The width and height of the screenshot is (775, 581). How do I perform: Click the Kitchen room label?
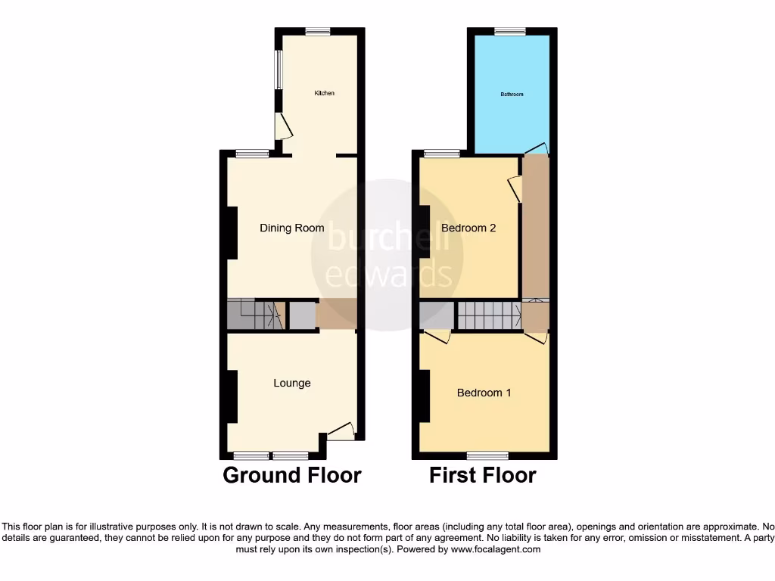pyautogui.click(x=325, y=93)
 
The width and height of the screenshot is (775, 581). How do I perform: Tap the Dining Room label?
pyautogui.click(x=292, y=228)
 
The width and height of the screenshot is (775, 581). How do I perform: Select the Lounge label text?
pyautogui.click(x=292, y=383)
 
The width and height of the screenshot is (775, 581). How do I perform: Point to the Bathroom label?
pyautogui.click(x=512, y=95)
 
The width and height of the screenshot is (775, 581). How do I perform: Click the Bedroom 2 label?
pyautogui.click(x=468, y=228)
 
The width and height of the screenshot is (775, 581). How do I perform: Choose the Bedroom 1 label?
pyautogui.click(x=484, y=393)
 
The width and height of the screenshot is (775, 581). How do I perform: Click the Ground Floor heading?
pyautogui.click(x=291, y=475)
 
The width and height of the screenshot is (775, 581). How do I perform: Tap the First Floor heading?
pyautogui.click(x=483, y=475)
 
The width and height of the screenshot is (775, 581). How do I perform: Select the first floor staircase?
pyautogui.click(x=489, y=315)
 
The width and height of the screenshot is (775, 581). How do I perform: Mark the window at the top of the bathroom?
pyautogui.click(x=510, y=32)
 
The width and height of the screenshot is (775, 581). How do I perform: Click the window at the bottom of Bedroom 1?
pyautogui.click(x=487, y=455)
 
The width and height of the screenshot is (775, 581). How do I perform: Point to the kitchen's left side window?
pyautogui.click(x=278, y=69)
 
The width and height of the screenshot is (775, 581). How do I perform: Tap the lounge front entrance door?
pyautogui.click(x=341, y=431)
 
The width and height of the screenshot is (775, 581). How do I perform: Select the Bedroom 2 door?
pyautogui.click(x=515, y=188)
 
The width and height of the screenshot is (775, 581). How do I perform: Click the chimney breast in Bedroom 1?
pyautogui.click(x=424, y=396)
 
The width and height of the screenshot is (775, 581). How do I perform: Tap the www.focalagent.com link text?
pyautogui.click(x=496, y=549)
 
